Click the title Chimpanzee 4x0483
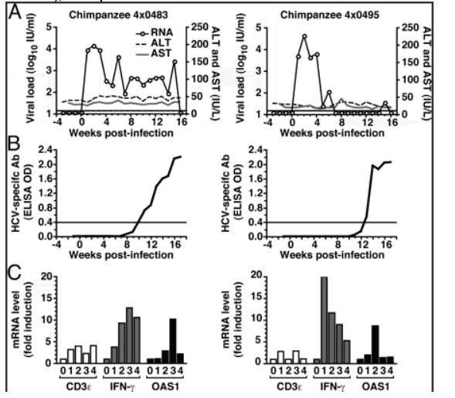point(118,15)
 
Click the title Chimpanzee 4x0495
point(330,15)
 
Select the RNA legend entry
point(154,32)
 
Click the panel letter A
point(15,12)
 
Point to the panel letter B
point(14,143)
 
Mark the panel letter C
point(15,272)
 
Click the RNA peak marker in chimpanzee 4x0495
point(304,36)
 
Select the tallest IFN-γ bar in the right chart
point(324,320)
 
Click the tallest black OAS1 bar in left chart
point(173,341)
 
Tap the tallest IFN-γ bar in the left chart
point(129,335)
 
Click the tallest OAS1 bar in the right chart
point(375,345)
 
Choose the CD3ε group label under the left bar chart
point(78,386)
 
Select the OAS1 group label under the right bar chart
point(375,386)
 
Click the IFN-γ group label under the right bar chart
point(331,386)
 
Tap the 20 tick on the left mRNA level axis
point(46,277)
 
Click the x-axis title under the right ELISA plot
point(332,255)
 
